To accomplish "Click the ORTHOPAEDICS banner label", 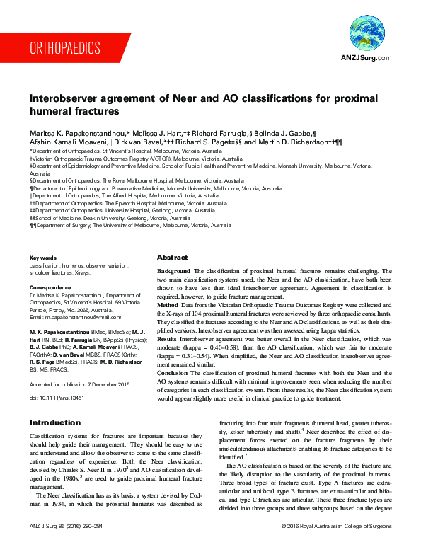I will [64, 48].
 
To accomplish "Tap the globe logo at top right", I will [367, 34].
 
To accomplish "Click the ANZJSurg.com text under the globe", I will [367, 57].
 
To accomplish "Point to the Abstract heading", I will [172, 258].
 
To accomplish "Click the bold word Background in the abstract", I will [173, 271].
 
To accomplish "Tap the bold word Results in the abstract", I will [169, 340].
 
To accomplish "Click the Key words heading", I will [42, 258].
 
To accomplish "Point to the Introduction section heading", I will [54, 422].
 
